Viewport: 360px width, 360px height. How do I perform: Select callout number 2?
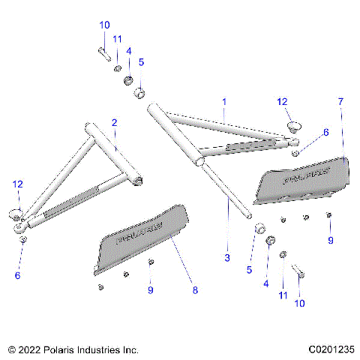tap(114, 122)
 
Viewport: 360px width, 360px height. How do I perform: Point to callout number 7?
tap(340, 100)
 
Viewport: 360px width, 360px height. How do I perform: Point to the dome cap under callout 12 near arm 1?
tap(292, 125)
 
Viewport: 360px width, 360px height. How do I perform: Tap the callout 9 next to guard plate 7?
tap(329, 240)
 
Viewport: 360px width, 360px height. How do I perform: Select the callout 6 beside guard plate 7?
tap(325, 132)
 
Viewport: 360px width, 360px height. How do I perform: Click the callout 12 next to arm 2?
tap(18, 184)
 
